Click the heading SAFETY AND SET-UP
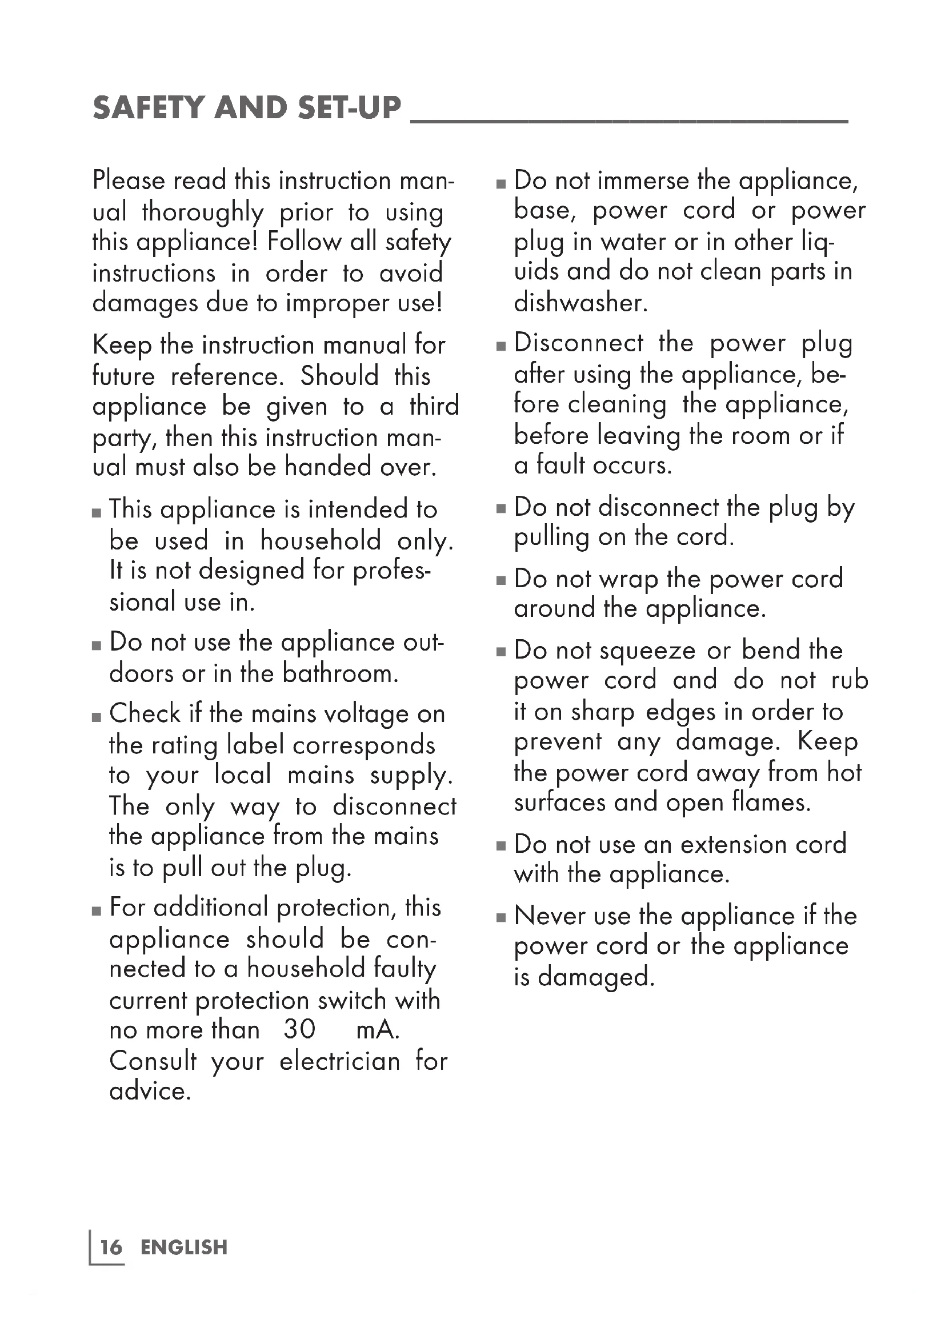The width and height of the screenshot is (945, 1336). (x=247, y=108)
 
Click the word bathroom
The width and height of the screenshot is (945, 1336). (x=341, y=673)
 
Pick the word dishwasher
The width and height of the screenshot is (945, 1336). (x=580, y=303)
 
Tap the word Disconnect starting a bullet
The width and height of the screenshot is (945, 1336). (x=578, y=343)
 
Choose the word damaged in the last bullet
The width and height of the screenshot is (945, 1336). (x=596, y=977)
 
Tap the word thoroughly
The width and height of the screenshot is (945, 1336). (x=202, y=212)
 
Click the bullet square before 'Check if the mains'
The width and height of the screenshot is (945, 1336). (x=97, y=717)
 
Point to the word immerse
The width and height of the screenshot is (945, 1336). (x=642, y=180)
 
